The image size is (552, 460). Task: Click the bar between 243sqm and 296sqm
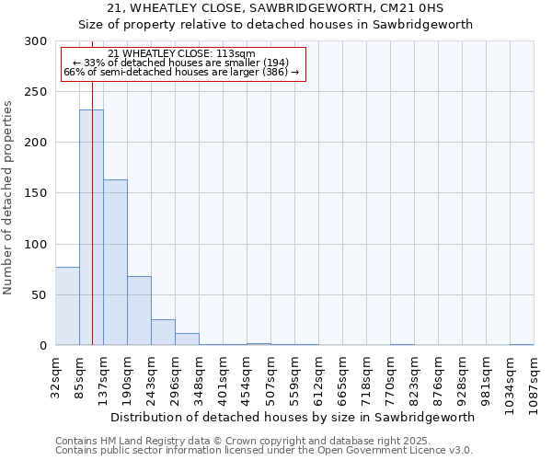163,332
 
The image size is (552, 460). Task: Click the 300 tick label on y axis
36,41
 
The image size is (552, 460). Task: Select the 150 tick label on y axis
36,193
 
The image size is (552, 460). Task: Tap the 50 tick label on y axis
40,295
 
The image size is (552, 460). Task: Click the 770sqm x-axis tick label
390,378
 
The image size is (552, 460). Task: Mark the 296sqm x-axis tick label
176,378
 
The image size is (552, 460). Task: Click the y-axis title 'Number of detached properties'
8,198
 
